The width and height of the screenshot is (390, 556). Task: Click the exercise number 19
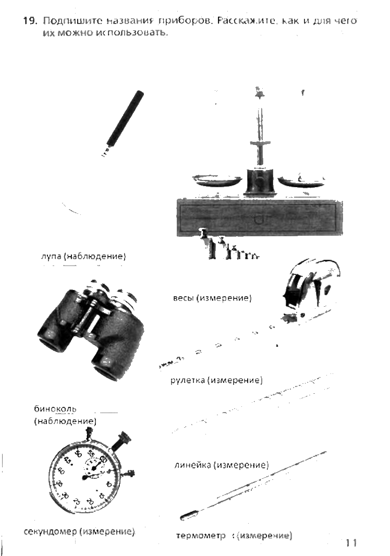[x=30, y=21]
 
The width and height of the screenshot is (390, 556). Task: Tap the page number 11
[x=351, y=542]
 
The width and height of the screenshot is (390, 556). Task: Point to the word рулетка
[x=188, y=380]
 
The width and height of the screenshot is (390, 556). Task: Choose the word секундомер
[x=51, y=531]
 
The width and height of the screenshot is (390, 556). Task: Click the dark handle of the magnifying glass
[x=126, y=117]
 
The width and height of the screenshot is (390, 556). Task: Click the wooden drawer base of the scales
[x=259, y=219]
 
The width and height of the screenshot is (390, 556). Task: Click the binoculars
[x=91, y=331]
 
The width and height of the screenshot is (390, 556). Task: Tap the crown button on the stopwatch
[x=124, y=439]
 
